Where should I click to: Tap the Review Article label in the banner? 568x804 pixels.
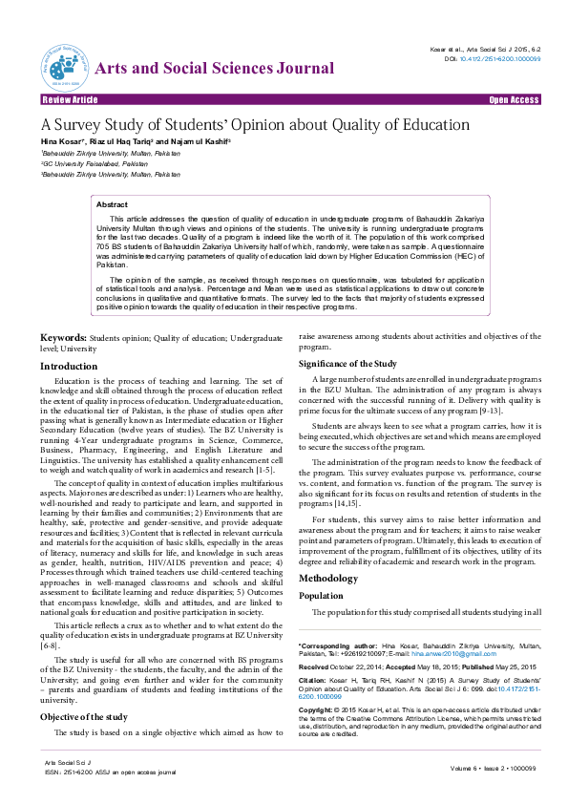click(70, 99)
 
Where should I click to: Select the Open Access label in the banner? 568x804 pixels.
click(514, 99)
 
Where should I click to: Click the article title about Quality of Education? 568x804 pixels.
click(254, 124)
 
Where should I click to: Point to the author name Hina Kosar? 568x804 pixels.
click(59, 141)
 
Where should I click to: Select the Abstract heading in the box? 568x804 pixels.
click(112, 205)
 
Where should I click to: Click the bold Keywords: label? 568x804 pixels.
click(64, 339)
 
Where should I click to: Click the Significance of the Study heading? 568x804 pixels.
click(347, 364)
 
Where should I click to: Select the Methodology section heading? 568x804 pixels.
click(328, 579)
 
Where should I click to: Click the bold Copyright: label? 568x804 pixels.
click(316, 711)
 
